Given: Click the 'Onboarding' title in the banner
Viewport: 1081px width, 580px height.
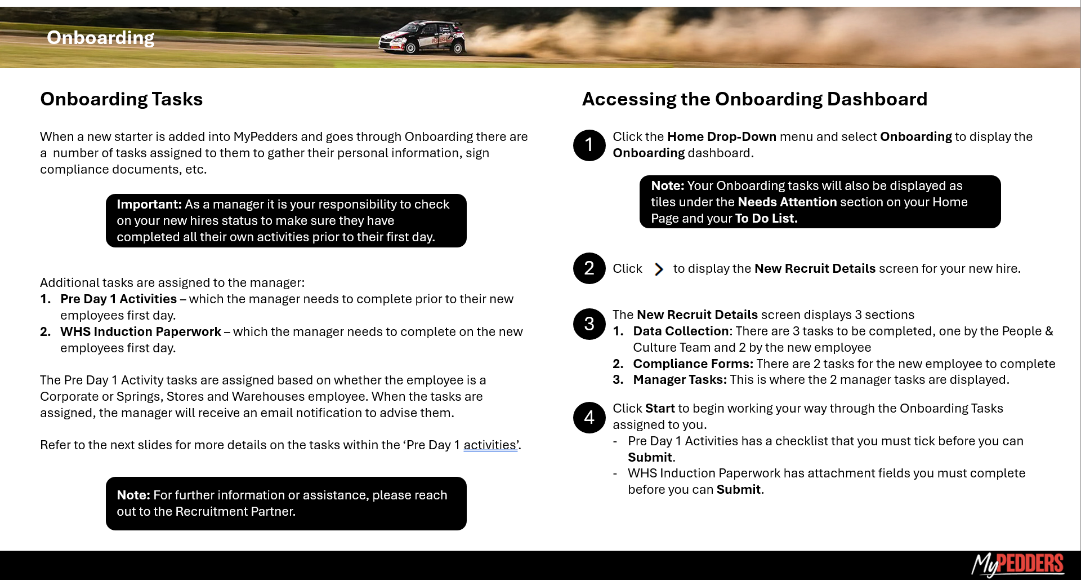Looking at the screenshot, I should pyautogui.click(x=100, y=38).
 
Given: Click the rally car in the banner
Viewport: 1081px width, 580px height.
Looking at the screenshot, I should pyautogui.click(x=422, y=38).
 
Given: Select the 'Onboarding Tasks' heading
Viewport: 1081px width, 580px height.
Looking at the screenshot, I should pyautogui.click(x=121, y=99).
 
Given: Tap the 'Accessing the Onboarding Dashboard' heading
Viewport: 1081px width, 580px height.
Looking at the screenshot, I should pyautogui.click(x=754, y=99).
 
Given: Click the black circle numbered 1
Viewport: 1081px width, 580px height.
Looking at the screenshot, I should pyautogui.click(x=589, y=145).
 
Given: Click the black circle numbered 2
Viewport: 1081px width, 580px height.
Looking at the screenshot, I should pyautogui.click(x=589, y=268).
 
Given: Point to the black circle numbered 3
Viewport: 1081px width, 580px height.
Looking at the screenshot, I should pyautogui.click(x=589, y=324).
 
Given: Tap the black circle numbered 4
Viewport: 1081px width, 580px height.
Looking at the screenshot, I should pyautogui.click(x=589, y=417).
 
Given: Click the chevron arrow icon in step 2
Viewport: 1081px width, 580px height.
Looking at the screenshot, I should pyautogui.click(x=658, y=269).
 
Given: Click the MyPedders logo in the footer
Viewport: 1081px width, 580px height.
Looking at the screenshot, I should pyautogui.click(x=1017, y=564).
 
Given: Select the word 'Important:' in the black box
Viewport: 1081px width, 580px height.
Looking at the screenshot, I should pyautogui.click(x=149, y=205).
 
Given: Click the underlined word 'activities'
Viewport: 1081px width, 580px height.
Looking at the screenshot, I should pyautogui.click(x=489, y=445).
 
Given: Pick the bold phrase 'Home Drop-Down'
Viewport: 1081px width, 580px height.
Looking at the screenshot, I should pyautogui.click(x=721, y=137).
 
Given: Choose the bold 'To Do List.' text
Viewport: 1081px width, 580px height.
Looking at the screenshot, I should pyautogui.click(x=766, y=219).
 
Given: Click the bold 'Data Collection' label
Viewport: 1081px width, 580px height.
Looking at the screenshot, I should pyautogui.click(x=681, y=331).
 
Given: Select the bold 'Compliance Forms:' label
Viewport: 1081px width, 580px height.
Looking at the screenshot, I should pyautogui.click(x=693, y=364).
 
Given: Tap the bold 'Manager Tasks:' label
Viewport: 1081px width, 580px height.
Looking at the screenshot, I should pyautogui.click(x=680, y=380).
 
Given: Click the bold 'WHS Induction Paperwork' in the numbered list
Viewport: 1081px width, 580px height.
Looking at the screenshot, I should pyautogui.click(x=141, y=332).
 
